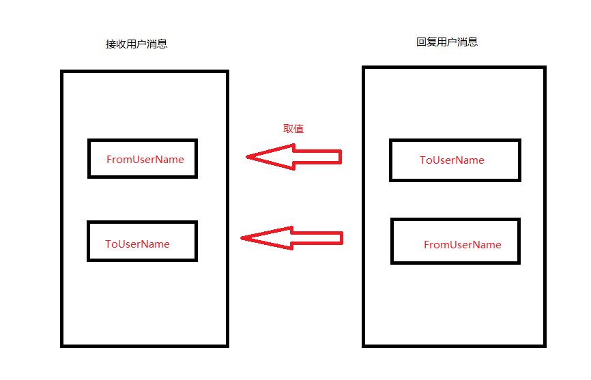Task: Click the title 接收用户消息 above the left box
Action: (x=136, y=44)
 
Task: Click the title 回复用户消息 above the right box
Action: (x=447, y=42)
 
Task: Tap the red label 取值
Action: (x=293, y=128)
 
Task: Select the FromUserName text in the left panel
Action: (x=145, y=159)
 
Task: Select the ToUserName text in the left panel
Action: (x=137, y=244)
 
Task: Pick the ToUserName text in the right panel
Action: (x=452, y=160)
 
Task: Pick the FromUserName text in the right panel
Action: (x=462, y=244)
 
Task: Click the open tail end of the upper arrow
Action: (x=340, y=158)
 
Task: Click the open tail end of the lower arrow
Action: (x=341, y=238)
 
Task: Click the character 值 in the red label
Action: (x=299, y=128)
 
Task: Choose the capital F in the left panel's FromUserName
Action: (x=109, y=159)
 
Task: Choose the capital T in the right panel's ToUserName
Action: (x=422, y=160)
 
